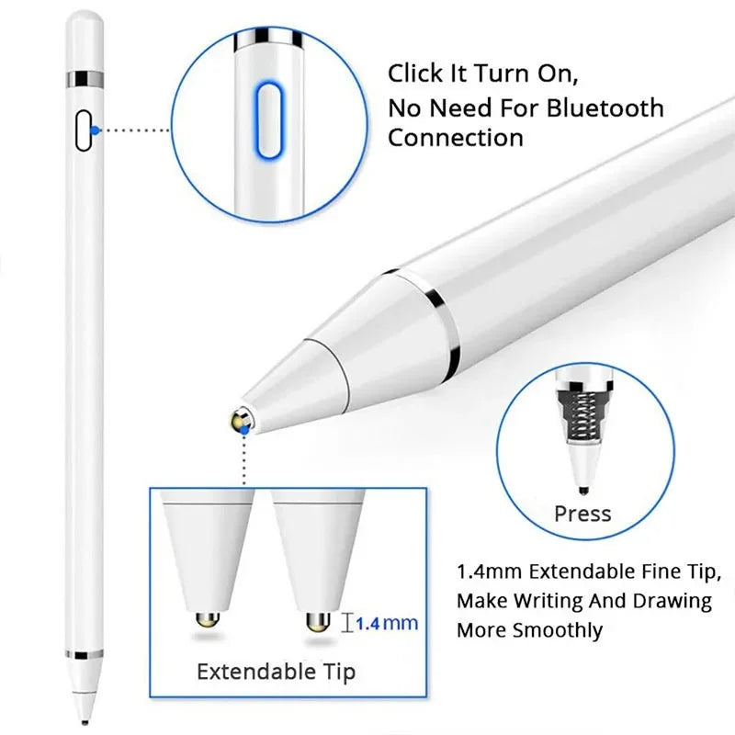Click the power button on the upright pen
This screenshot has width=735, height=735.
click(x=85, y=130)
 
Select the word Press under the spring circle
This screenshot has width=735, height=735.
click(x=582, y=513)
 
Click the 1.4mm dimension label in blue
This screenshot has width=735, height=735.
click(x=386, y=623)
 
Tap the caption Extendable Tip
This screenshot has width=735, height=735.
click(x=276, y=672)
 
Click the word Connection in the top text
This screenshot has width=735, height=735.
click(x=455, y=138)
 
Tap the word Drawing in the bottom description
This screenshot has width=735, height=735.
click(x=675, y=601)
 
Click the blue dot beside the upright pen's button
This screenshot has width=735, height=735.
click(x=96, y=130)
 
